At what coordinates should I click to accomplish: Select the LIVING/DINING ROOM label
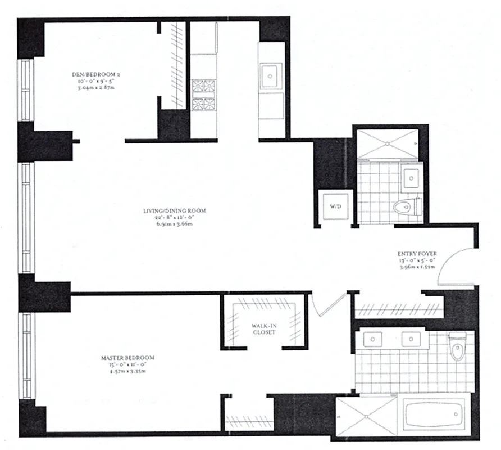tap(174, 211)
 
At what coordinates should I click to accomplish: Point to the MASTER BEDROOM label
tap(127, 358)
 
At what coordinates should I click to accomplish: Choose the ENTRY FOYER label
tap(415, 254)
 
